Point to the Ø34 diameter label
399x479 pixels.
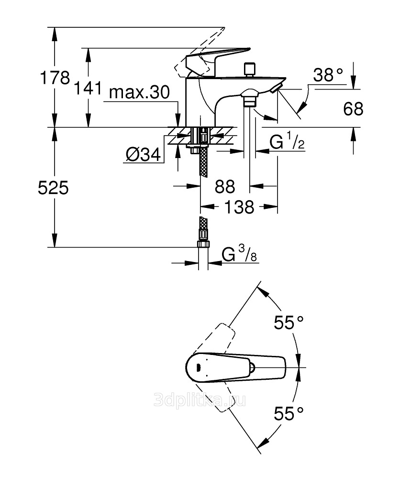coord(143,155)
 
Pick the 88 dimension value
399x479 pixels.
coord(224,186)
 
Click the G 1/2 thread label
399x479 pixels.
coord(287,142)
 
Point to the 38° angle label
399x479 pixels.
coord(329,75)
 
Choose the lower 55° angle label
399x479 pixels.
coord(289,412)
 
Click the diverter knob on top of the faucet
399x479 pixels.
coord(249,69)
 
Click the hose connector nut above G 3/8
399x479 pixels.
coord(203,244)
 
